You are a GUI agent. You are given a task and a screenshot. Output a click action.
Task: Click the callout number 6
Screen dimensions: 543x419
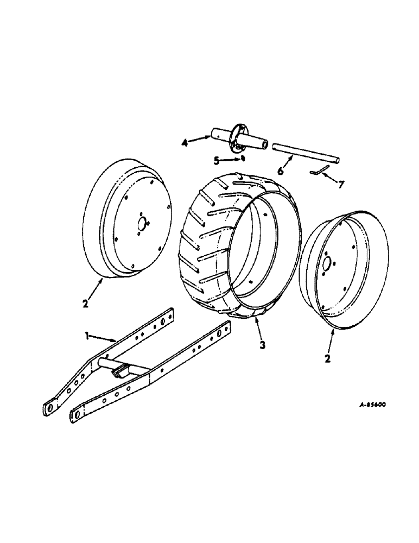[x=281, y=171]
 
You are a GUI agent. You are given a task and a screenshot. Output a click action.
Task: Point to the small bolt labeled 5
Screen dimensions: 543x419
[x=243, y=159]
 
